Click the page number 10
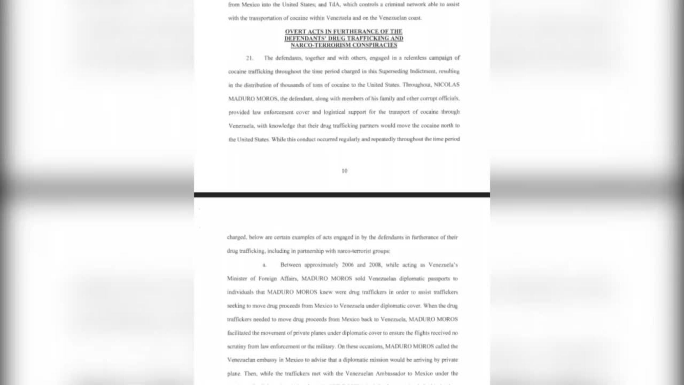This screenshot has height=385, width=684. click(x=344, y=171)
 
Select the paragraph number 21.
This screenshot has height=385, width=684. click(x=249, y=58)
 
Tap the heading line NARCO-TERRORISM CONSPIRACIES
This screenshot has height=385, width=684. click(x=344, y=45)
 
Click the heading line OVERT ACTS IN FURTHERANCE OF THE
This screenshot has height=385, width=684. click(x=344, y=32)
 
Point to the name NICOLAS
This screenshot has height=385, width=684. click(x=446, y=85)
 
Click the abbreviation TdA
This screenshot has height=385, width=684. click(x=334, y=5)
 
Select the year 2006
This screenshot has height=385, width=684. click(x=347, y=265)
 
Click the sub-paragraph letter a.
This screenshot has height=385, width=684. click(x=264, y=265)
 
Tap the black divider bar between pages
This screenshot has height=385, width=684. click(x=342, y=195)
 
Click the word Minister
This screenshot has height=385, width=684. click(x=237, y=279)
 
